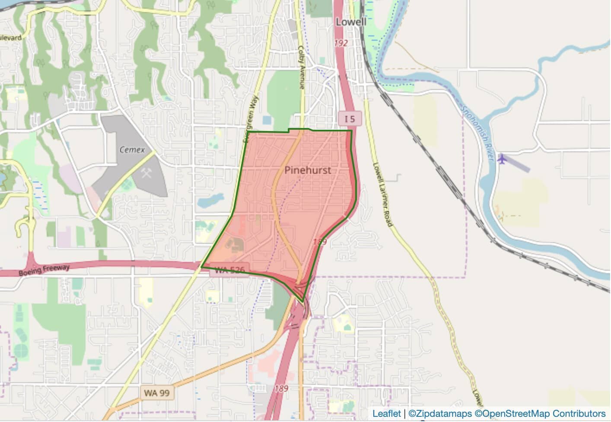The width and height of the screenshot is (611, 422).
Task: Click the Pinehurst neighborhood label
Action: click(308, 170)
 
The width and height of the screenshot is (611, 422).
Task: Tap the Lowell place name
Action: click(351, 22)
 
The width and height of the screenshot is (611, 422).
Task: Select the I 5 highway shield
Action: click(350, 118)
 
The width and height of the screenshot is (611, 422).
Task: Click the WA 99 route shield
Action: click(157, 393)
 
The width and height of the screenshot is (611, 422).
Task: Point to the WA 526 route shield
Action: click(229, 271)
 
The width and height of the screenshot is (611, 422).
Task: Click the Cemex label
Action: click(131, 150)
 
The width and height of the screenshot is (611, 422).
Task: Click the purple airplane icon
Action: click(502, 159)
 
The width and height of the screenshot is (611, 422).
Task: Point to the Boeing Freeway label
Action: click(44, 270)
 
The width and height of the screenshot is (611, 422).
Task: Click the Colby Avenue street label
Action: click(302, 67)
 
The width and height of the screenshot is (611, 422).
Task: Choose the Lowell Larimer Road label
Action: click(382, 194)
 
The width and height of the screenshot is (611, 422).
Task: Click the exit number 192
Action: click(341, 43)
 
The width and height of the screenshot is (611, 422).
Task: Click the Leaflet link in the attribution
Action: click(386, 414)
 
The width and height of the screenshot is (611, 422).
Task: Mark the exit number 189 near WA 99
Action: click(281, 389)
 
